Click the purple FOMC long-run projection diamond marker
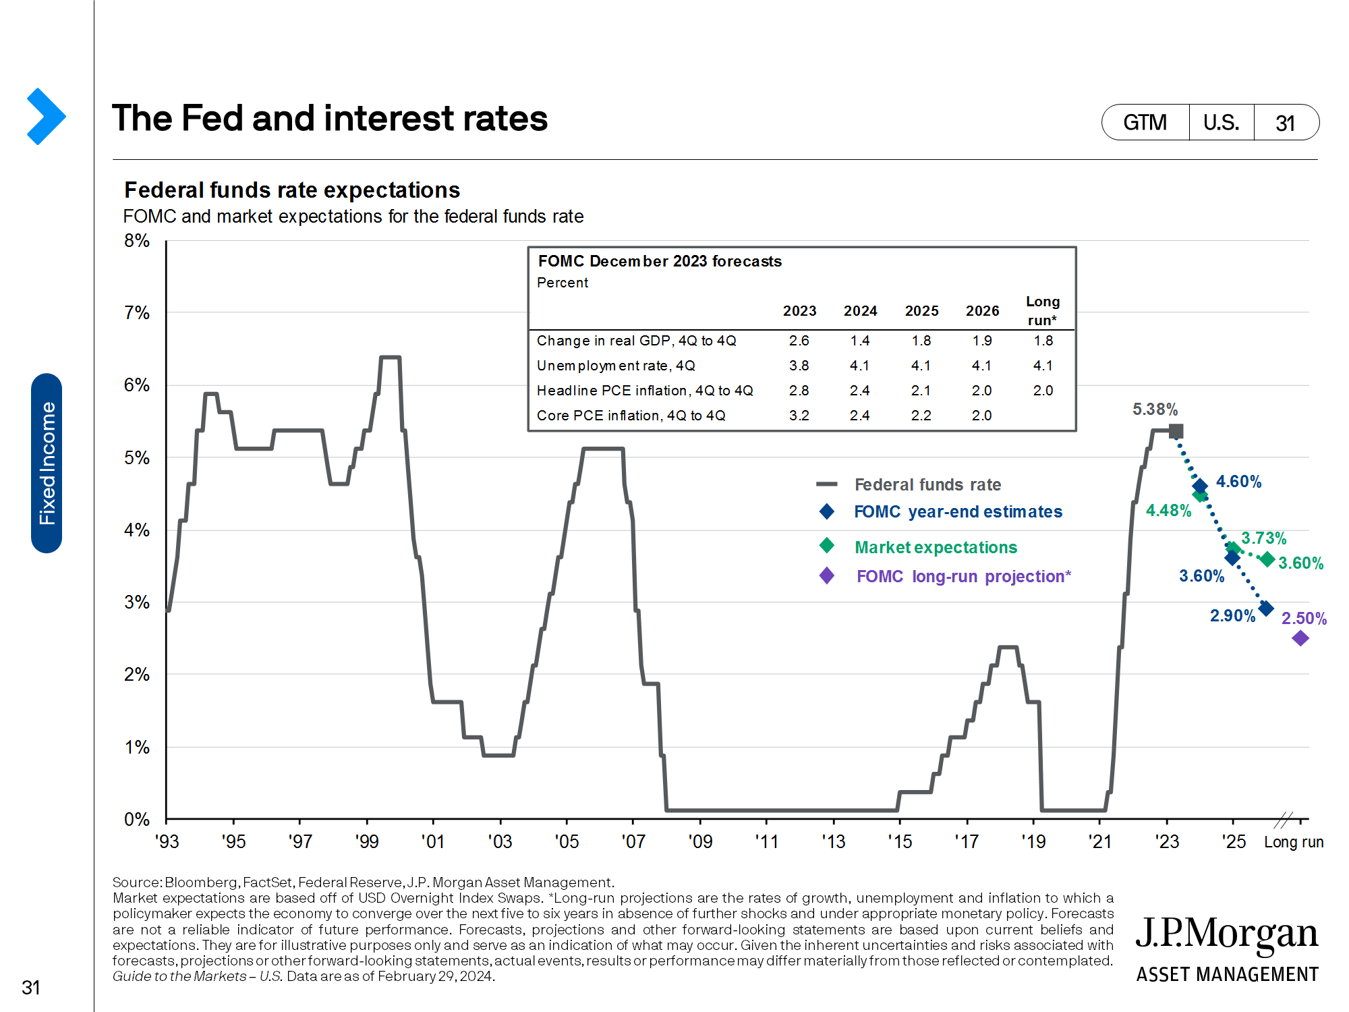point(1300,638)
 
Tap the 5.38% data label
point(1155,410)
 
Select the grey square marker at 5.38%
point(1176,431)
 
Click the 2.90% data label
point(1232,616)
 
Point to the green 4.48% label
point(1168,511)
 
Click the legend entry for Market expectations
point(936,547)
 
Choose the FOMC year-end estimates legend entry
point(958,512)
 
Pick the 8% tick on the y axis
point(137,241)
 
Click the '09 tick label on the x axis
point(700,842)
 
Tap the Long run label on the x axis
point(1294,842)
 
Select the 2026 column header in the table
point(982,311)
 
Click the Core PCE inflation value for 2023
point(799,416)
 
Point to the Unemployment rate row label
point(616,366)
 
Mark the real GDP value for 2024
point(860,341)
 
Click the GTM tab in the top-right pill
point(1145,123)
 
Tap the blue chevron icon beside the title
point(46,116)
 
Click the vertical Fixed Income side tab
point(47,463)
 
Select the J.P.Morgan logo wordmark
point(1226,934)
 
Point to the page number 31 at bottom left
point(31,988)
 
